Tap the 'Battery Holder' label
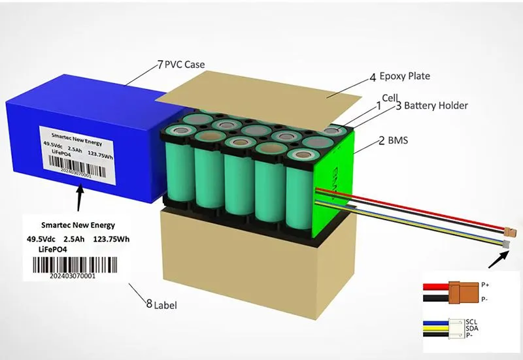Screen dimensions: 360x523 (435, 105)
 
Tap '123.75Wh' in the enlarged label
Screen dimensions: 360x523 (111, 240)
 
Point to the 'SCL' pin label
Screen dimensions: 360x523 (472, 322)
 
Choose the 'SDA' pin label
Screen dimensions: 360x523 (472, 329)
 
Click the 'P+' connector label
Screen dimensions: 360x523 (484, 285)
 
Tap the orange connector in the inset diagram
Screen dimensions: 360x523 (462, 291)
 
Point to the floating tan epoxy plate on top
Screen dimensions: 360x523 (307, 98)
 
